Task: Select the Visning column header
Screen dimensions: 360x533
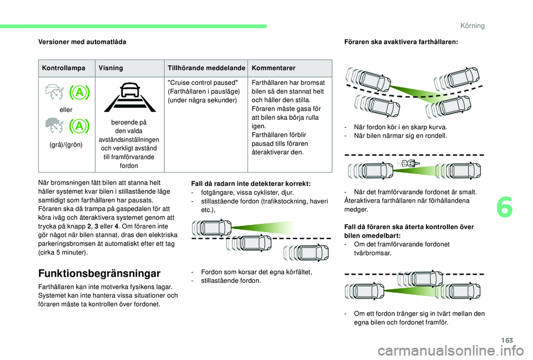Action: pyautogui.click(x=110, y=68)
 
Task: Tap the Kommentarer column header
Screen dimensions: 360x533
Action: pyautogui.click(x=273, y=68)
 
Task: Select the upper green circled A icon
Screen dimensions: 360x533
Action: pyautogui.click(x=79, y=93)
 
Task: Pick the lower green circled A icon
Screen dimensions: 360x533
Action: pyautogui.click(x=79, y=126)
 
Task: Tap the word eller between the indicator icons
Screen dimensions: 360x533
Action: pyautogui.click(x=66, y=110)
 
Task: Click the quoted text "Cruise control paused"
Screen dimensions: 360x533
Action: pyautogui.click(x=194, y=83)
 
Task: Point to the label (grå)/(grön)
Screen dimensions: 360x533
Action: pyautogui.click(x=66, y=145)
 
